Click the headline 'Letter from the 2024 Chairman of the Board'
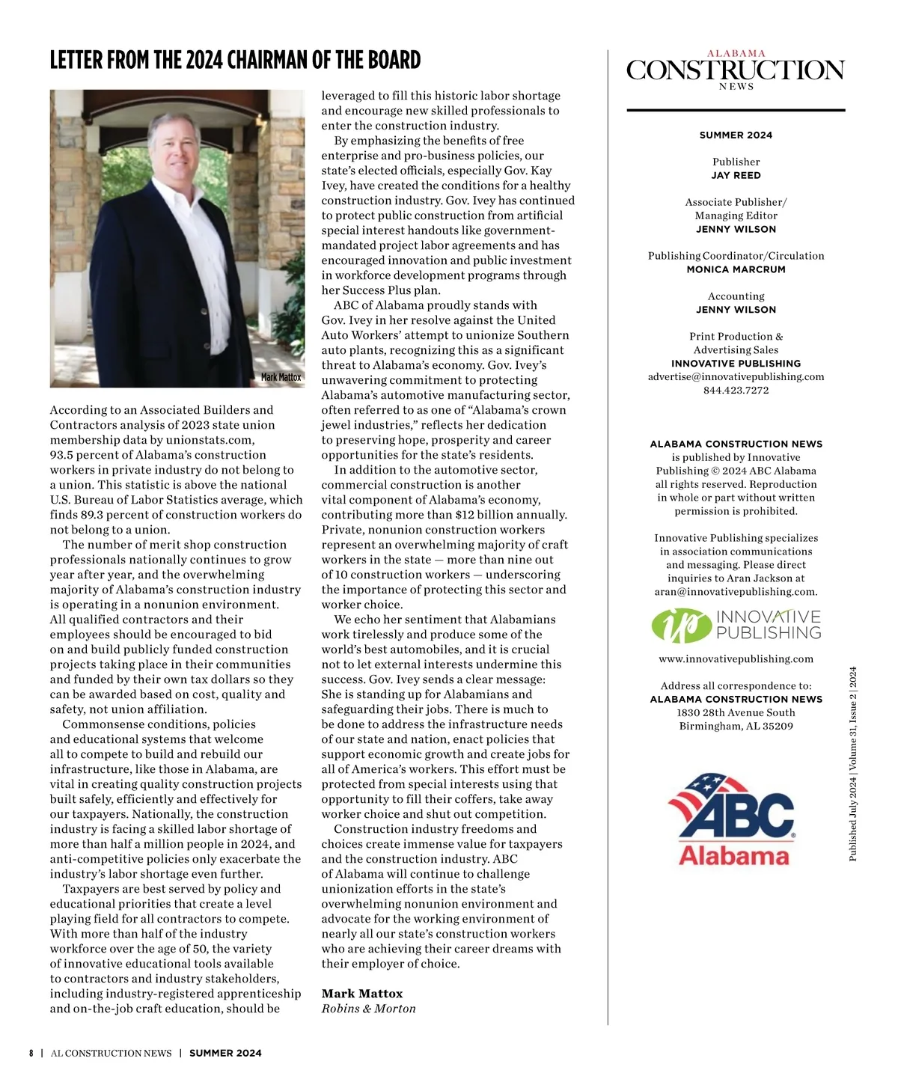235,60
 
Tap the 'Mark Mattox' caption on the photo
281,377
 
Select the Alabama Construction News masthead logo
736,70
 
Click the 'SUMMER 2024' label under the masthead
736,135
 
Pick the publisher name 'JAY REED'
736,175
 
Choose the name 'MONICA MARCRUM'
736,269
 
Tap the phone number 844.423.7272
736,390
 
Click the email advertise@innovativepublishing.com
736,376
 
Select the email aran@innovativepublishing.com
735,591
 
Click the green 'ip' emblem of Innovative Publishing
679,626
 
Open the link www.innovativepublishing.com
736,659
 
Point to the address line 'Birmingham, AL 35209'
736,726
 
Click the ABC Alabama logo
733,820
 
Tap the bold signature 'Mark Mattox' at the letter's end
362,994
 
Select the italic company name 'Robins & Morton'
368,1009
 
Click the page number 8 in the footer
31,1053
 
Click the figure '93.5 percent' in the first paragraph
83,455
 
